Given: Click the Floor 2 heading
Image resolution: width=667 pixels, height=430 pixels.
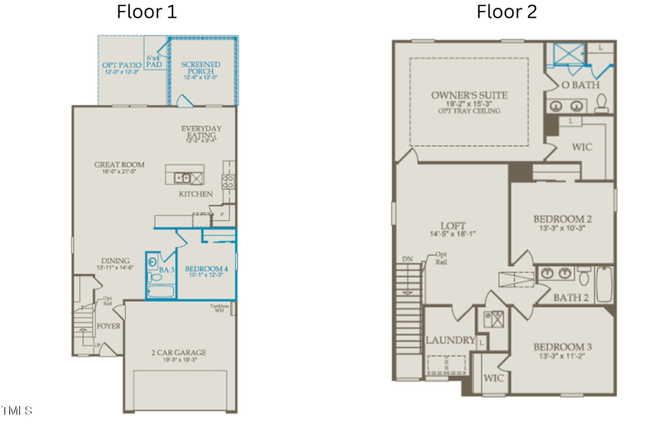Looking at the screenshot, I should point(507,12).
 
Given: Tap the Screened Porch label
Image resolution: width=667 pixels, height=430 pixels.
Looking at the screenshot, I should point(202,67).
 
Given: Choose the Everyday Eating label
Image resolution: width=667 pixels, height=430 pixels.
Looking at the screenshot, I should point(202,133).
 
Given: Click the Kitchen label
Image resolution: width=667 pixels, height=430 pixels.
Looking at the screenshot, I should point(196,194).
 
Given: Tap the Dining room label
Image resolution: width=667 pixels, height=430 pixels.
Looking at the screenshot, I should point(116,262).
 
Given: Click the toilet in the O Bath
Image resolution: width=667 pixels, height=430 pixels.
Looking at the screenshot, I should point(602,103).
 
